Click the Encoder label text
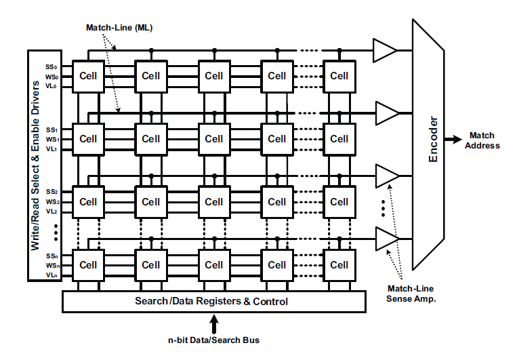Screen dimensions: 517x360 tap(433, 140)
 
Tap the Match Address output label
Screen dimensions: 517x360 tap(482, 140)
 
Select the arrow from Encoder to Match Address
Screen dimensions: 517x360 tap(453, 140)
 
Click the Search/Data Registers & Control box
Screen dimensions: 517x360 tap(214, 301)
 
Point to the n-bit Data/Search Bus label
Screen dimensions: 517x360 tap(213, 340)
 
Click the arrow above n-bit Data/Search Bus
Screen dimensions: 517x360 tap(214, 323)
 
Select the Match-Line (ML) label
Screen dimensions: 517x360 tap(119, 28)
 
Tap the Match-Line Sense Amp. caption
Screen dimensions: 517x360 tap(411, 294)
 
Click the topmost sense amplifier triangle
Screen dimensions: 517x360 tap(384, 50)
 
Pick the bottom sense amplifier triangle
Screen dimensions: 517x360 tap(388, 239)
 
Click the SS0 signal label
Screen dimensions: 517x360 tap(51, 67)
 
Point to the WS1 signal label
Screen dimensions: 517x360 tap(52, 140)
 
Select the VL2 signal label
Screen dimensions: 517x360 tap(51, 211)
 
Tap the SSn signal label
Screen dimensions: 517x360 tap(51, 256)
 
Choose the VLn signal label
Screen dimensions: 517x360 tap(51, 275)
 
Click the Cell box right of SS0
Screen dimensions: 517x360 tap(88, 77)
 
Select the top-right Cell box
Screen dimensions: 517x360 tap(339, 77)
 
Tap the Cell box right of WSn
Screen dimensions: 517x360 tap(88, 265)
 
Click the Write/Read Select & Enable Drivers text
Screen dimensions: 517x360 tap(35, 165)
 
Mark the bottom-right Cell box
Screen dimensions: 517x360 tap(339, 265)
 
